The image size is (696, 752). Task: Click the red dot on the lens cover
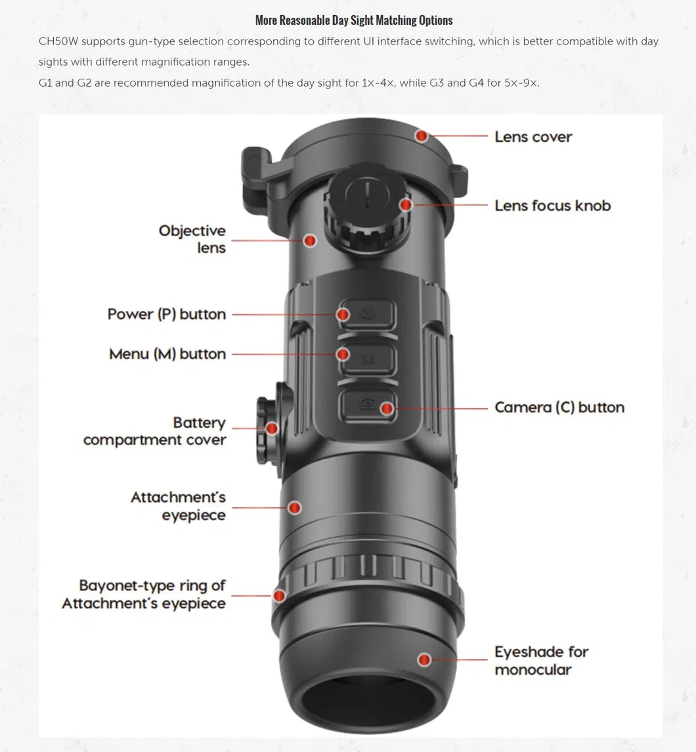[422, 136]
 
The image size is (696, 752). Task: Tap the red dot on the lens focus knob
[406, 205]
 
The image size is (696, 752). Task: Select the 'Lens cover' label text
[533, 137]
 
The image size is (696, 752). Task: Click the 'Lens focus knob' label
[552, 205]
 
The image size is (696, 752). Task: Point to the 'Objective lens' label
[192, 240]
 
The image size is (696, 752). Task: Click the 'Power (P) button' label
[167, 314]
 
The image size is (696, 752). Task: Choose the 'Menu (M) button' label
[167, 354]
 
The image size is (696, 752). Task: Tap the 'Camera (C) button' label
[559, 407]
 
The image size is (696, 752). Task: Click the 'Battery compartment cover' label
[155, 431]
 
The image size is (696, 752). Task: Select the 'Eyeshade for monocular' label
[541, 660]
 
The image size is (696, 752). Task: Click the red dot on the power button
[343, 315]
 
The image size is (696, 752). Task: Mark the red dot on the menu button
[343, 354]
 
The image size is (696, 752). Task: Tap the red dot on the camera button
[387, 409]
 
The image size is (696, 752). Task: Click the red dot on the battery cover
[272, 429]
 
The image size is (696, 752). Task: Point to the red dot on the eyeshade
[425, 659]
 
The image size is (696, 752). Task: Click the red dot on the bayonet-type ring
[280, 596]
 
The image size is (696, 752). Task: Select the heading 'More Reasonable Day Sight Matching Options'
[354, 20]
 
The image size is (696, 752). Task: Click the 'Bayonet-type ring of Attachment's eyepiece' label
[144, 594]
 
